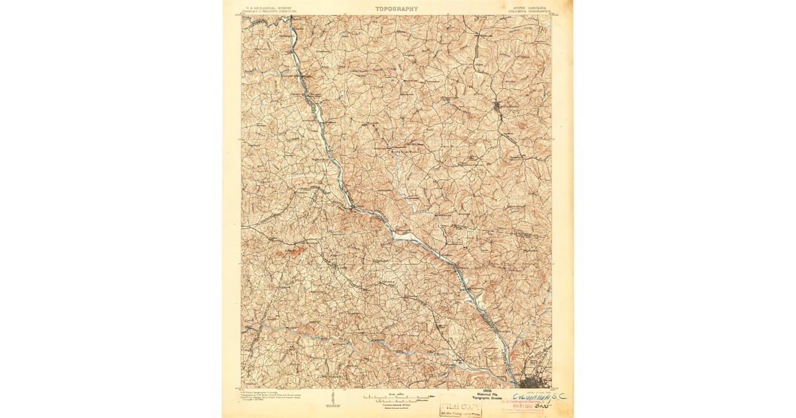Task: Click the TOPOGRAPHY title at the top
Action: point(397,9)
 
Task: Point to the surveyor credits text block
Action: point(269,396)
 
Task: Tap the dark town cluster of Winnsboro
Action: point(500,106)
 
